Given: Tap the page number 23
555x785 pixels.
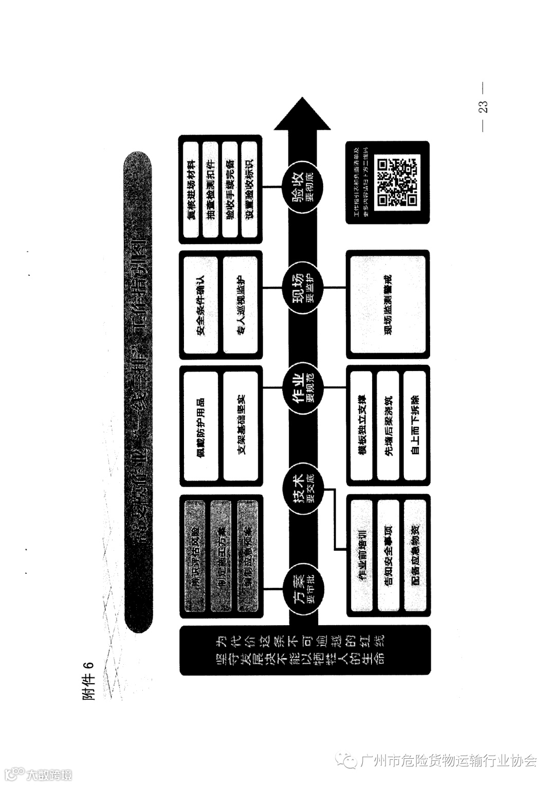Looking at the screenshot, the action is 483,107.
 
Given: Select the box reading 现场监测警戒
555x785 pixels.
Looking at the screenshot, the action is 388,305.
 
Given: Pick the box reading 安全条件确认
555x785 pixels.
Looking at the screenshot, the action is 201,305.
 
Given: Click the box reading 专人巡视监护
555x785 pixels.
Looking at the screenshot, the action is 241,305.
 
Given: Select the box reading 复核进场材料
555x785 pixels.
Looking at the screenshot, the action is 191,189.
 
